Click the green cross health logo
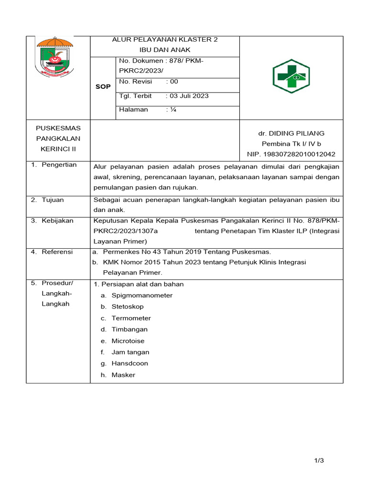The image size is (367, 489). click(x=291, y=76)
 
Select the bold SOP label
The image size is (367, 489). click(x=103, y=87)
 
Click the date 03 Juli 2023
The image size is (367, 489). click(x=189, y=96)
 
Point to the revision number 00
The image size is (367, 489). click(x=173, y=82)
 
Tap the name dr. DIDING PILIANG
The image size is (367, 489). click(x=291, y=133)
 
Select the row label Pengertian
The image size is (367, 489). click(x=59, y=165)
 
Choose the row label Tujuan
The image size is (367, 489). click(x=53, y=200)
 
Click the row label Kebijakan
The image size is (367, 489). click(x=57, y=221)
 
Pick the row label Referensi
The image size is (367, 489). click(x=57, y=252)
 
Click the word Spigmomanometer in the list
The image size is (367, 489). click(x=142, y=295)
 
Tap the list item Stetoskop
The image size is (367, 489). click(x=128, y=307)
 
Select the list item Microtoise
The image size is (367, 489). click(x=128, y=341)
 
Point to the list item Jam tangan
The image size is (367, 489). click(x=130, y=352)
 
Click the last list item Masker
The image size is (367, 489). click(x=123, y=375)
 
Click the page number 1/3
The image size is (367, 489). click(x=319, y=460)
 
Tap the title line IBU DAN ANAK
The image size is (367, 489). click(x=164, y=50)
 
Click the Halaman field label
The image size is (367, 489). click(x=133, y=109)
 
